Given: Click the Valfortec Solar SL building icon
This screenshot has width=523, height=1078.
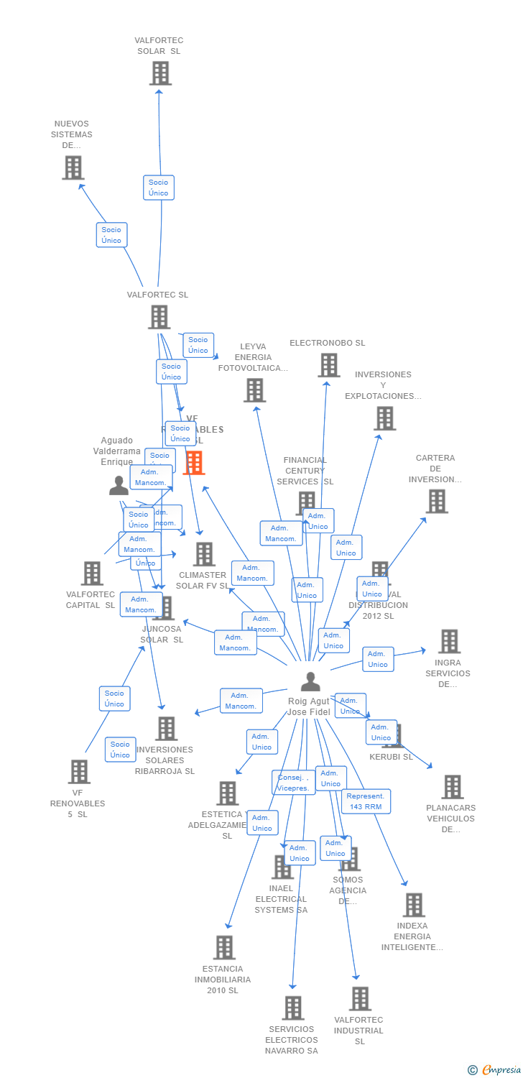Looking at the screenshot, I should pyautogui.click(x=160, y=73).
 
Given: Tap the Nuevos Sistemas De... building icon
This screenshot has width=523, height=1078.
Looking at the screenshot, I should pyautogui.click(x=73, y=167).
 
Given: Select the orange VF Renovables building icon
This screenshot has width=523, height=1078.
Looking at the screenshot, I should pyautogui.click(x=194, y=463).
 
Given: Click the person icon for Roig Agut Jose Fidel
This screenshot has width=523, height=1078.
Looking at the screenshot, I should pyautogui.click(x=310, y=681).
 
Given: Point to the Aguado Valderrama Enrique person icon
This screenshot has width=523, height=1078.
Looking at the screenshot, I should pyautogui.click(x=119, y=486).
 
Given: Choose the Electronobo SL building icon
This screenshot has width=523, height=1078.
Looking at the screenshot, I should pyautogui.click(x=328, y=365).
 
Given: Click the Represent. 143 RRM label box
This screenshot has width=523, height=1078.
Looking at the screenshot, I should pyautogui.click(x=366, y=801).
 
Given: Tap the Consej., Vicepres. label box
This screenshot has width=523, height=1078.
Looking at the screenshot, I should pyautogui.click(x=293, y=783).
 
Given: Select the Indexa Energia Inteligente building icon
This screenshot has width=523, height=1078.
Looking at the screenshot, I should pyautogui.click(x=413, y=905).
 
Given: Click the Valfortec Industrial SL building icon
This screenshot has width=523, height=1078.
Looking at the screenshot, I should pyautogui.click(x=360, y=998).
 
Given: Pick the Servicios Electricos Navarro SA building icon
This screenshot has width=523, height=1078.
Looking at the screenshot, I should pyautogui.click(x=292, y=1008).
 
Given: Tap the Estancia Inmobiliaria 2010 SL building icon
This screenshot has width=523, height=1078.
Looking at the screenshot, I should pyautogui.click(x=224, y=947).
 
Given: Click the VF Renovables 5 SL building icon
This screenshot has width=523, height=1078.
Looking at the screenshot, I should pyautogui.click(x=78, y=772).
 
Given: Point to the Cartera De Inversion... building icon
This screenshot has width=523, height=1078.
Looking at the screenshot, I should pyautogui.click(x=436, y=501).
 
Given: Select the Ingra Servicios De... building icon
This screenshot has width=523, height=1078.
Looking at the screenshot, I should pyautogui.click(x=449, y=641).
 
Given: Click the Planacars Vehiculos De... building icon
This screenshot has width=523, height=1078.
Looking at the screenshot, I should pyautogui.click(x=452, y=787).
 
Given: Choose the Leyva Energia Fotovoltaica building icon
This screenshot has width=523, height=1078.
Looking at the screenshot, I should pyautogui.click(x=254, y=390).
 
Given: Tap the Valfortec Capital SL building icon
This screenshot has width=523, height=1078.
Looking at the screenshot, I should pyautogui.click(x=91, y=573).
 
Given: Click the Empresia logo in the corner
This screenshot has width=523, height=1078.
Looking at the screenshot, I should pyautogui.click(x=495, y=1070).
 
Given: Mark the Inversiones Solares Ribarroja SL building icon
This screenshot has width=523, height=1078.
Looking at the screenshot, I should pyautogui.click(x=166, y=728).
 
